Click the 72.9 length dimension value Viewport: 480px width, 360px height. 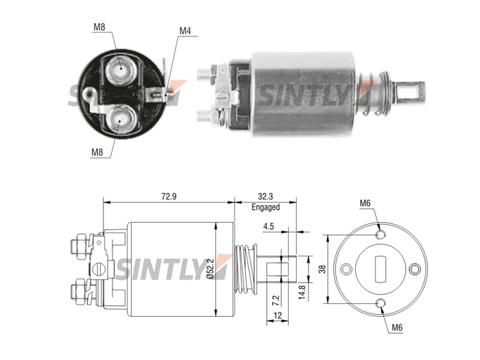click(169, 196)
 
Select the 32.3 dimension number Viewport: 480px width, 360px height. click(265, 196)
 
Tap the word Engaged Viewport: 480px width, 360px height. click(265, 207)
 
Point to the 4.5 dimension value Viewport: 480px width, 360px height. click(268, 226)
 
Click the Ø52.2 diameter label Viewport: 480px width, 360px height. click(210, 268)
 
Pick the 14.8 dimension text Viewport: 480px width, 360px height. click(302, 292)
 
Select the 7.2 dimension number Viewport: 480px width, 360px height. click(276, 300)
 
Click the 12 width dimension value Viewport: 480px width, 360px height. click(277, 315)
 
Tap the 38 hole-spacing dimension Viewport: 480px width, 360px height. click(322, 269)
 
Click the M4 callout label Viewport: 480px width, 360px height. click(185, 31)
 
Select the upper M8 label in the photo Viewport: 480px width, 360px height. click(99, 27)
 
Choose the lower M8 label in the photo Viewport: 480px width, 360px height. click(97, 152)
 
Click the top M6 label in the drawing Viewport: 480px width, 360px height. click(365, 203)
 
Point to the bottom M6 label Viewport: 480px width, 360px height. click(397, 328)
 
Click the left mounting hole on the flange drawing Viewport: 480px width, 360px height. click(346, 269)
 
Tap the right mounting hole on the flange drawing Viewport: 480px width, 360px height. click(414, 269)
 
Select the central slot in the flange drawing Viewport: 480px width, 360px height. click(380, 269)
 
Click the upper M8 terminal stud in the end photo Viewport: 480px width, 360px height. click(121, 69)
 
